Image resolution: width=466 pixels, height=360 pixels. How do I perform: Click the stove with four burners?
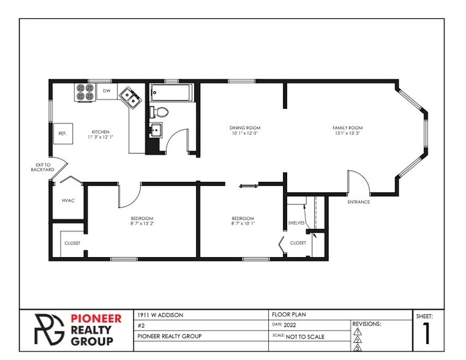85,92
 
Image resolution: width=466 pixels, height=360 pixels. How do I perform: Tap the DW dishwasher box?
107,91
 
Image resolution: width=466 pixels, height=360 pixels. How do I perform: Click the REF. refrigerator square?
62,133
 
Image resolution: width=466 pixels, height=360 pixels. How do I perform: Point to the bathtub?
171,92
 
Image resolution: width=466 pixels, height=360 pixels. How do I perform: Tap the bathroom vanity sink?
156,130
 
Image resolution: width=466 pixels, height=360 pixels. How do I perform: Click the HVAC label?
69,201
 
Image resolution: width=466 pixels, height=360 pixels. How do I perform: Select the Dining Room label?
245,128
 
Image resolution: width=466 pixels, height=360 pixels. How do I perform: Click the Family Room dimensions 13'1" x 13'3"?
347,133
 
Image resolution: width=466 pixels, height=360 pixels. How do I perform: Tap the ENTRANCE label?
359,202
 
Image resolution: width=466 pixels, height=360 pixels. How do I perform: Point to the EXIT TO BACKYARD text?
43,167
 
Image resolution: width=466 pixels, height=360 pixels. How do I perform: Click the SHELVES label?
296,223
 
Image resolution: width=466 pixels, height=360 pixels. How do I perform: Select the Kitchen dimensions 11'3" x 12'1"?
100,137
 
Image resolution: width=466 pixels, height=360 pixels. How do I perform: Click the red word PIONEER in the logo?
96,319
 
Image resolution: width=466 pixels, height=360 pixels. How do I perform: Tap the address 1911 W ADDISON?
160,315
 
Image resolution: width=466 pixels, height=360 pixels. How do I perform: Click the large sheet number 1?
426,334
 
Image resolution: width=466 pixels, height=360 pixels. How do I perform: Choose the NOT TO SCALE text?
305,337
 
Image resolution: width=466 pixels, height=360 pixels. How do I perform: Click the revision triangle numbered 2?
358,340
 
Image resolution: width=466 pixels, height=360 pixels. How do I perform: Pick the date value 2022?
290,325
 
